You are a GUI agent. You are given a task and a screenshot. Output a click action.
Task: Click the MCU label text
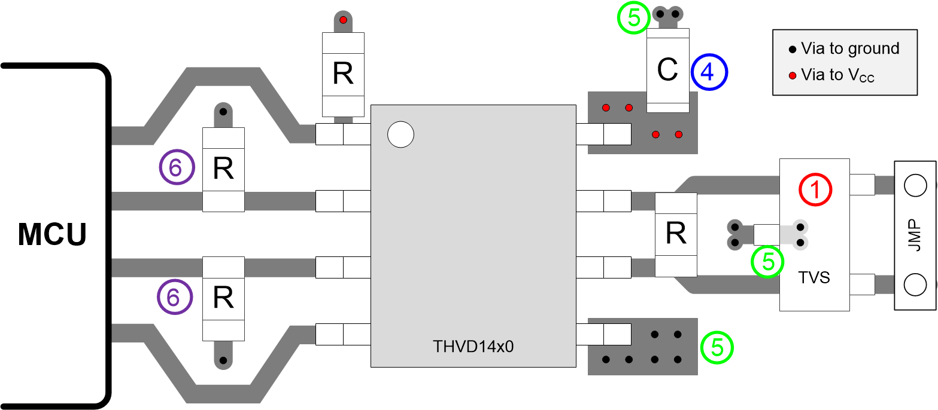pyautogui.click(x=53, y=234)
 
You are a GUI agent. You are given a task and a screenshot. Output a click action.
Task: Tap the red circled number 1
pyautogui.click(x=815, y=189)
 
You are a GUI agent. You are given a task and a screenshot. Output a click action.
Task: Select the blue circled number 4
pyautogui.click(x=709, y=72)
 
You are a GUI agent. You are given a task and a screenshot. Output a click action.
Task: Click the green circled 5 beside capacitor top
pyautogui.click(x=633, y=19)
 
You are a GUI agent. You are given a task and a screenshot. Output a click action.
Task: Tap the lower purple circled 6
pyautogui.click(x=175, y=297)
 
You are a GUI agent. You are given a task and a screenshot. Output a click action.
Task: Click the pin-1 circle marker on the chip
pyautogui.click(x=400, y=135)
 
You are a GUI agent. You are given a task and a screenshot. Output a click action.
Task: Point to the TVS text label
pyautogui.click(x=814, y=277)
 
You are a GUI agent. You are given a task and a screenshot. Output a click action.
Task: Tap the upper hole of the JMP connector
pyautogui.click(x=915, y=186)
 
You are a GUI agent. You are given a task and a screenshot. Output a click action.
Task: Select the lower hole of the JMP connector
pyautogui.click(x=915, y=285)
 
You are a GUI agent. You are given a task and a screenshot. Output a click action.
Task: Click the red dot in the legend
pyautogui.click(x=793, y=75)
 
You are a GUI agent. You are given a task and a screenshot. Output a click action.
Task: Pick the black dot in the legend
pyautogui.click(x=793, y=49)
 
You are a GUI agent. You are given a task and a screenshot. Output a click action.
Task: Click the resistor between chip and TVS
pyautogui.click(x=676, y=234)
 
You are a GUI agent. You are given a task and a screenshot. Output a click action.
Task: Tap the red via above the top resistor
pyautogui.click(x=343, y=20)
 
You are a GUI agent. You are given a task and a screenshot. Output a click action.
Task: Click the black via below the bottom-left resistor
pyautogui.click(x=223, y=360)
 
